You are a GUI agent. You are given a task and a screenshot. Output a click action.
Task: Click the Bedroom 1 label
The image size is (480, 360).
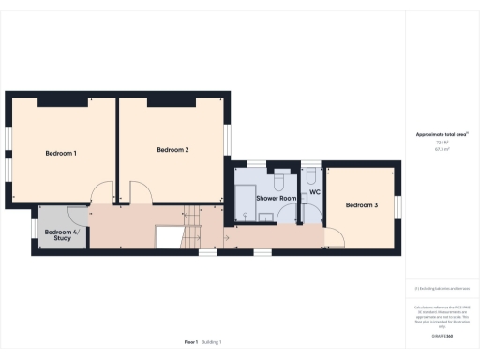click(x=62, y=153)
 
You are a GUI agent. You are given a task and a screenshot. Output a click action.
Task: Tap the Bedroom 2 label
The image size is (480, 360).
click(x=173, y=150)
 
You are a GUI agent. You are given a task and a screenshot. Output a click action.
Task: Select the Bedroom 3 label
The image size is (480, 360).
click(x=361, y=205)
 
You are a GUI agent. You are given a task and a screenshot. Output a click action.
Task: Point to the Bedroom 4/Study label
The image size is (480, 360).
click(x=60, y=234)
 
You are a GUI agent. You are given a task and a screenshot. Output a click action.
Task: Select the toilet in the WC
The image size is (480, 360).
click(x=310, y=177)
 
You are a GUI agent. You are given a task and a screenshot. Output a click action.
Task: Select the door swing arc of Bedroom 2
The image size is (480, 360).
click(x=141, y=195)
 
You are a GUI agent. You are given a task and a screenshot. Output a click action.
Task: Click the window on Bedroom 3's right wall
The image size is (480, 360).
click(x=397, y=204)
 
